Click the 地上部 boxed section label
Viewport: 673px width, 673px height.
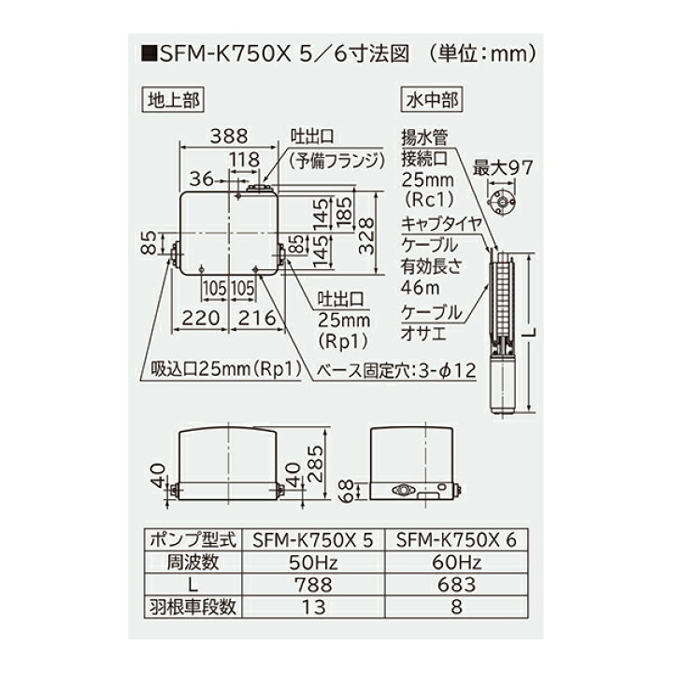(x=175, y=98)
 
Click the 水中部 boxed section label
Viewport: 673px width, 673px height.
(x=428, y=98)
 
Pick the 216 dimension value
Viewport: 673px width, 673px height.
(x=257, y=318)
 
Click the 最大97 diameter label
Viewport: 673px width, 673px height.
(x=504, y=167)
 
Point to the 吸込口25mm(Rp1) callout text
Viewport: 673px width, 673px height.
(x=223, y=369)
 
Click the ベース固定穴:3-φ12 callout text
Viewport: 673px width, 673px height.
(x=398, y=369)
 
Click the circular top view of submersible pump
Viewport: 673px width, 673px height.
(x=503, y=201)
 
